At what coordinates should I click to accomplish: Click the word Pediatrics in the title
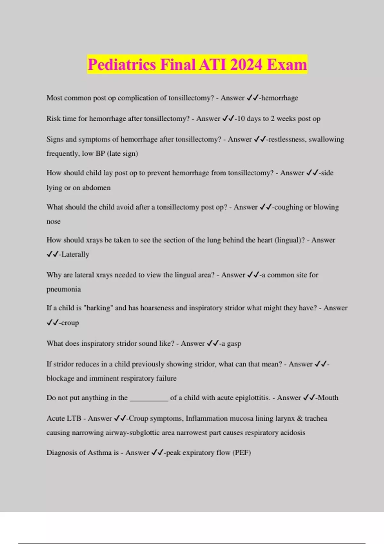coord(122,65)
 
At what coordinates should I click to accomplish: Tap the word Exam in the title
coord(287,65)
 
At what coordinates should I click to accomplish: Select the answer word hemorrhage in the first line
coord(280,98)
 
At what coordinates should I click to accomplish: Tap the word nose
coord(53,221)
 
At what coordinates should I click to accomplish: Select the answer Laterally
coord(75,254)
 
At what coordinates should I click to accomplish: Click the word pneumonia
coord(64,289)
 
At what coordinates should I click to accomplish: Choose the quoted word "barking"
coord(98,308)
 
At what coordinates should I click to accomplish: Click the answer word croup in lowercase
coord(70,323)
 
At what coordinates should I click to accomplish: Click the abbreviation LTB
coord(73,419)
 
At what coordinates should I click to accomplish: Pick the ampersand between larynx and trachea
coord(300,419)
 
